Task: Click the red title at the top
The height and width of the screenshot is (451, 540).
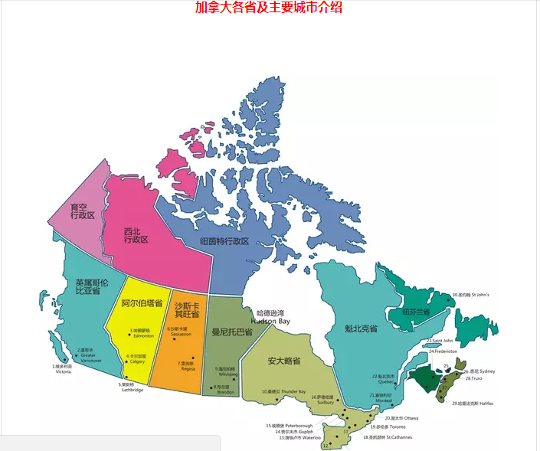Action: (269, 8)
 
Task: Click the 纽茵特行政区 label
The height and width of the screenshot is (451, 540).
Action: (224, 241)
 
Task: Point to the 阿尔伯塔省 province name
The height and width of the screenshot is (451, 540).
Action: (142, 303)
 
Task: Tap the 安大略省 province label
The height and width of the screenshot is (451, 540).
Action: (283, 360)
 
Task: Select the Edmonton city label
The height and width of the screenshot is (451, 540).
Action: (143, 336)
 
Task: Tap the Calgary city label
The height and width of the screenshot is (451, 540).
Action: (137, 361)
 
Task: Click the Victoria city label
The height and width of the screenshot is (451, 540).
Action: (63, 371)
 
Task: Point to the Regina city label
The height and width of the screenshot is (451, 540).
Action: (187, 368)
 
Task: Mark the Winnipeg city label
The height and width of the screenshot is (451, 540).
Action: (228, 374)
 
